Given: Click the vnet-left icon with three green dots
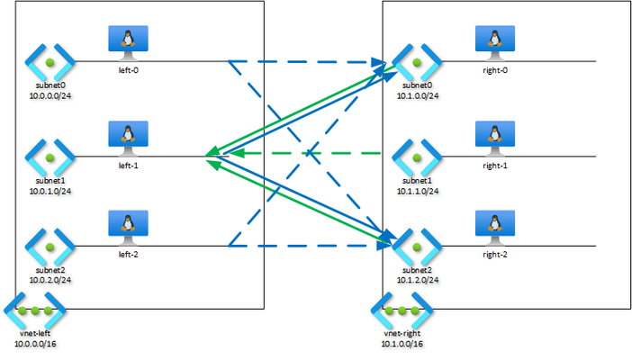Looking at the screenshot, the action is click(x=35, y=310).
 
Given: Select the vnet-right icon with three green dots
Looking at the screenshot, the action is click(x=402, y=310).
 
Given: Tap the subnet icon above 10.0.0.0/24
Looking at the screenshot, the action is click(x=50, y=62).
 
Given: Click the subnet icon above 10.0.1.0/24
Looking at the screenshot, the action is click(x=50, y=157).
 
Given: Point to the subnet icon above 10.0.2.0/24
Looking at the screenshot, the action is click(x=50, y=247).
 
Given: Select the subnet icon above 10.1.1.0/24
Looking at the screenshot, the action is click(x=417, y=157).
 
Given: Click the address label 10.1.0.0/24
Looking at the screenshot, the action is click(x=418, y=96).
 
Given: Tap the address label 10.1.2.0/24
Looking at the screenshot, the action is click(x=418, y=280).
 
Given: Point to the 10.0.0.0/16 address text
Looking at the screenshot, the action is click(x=35, y=344).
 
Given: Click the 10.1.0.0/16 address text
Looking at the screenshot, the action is click(x=402, y=344).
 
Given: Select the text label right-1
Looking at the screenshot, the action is click(x=495, y=166).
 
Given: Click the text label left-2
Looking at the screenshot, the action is click(x=128, y=255).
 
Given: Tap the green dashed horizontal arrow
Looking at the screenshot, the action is click(x=305, y=153).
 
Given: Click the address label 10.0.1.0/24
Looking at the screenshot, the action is click(x=50, y=191).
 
